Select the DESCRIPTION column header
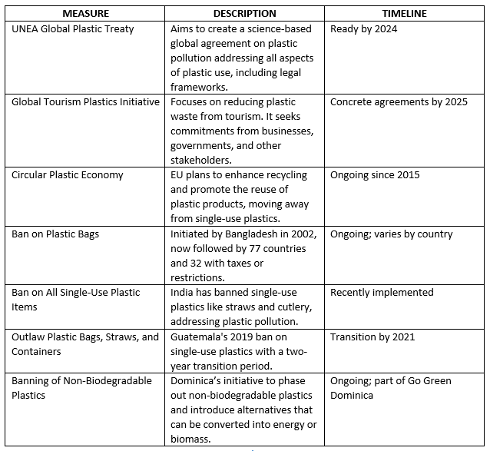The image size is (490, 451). [x=245, y=14]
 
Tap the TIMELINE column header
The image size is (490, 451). [x=404, y=14]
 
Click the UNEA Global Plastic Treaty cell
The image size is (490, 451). [x=73, y=29]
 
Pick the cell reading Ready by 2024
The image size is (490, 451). [x=365, y=29]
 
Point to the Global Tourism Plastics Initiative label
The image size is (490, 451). [x=86, y=102]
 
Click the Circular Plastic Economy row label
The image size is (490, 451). [x=68, y=175]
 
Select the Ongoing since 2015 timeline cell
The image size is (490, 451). [x=376, y=175]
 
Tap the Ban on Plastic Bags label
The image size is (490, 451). [x=55, y=234]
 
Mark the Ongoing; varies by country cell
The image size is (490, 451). [x=392, y=234]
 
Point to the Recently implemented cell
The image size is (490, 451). [x=382, y=293]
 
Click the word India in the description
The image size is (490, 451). [x=183, y=293]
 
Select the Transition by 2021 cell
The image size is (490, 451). [x=372, y=337]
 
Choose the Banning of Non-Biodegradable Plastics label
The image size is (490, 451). [x=82, y=388]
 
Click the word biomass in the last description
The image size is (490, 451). [x=193, y=439]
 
